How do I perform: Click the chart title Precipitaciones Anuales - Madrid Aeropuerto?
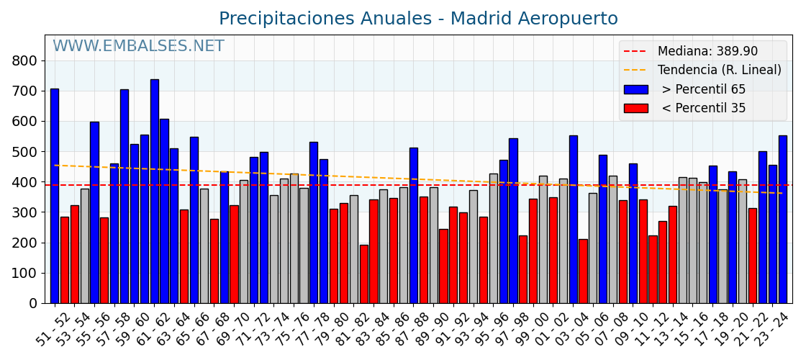click(x=418, y=19)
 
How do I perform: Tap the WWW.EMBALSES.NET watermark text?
click(x=138, y=47)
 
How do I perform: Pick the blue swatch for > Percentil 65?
click(x=635, y=90)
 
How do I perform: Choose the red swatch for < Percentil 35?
click(x=635, y=109)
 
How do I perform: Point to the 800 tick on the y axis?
click(x=24, y=61)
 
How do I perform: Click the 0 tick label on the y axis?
click(x=33, y=304)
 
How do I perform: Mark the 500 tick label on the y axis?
click(x=24, y=152)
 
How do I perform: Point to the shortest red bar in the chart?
click(x=364, y=274)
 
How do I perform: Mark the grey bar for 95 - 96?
click(x=493, y=238)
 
